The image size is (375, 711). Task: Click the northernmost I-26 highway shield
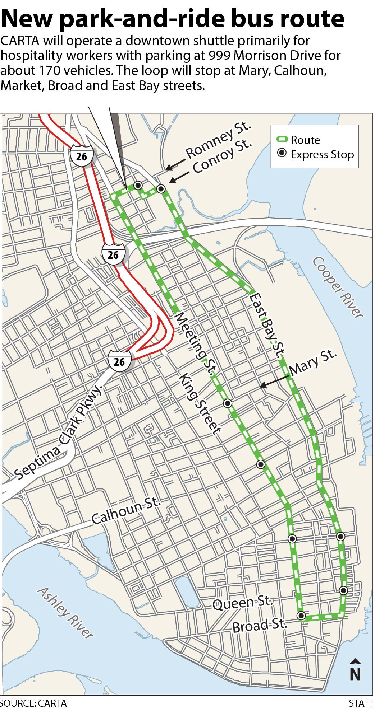82,156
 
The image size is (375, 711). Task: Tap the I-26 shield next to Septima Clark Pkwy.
119,361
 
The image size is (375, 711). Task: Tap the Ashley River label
65,612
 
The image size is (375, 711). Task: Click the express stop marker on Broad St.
301,616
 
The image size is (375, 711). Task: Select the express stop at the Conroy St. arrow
161,188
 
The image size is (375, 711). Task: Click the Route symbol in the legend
282,140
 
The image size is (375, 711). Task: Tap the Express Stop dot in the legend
282,154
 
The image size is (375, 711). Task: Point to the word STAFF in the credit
361,703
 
